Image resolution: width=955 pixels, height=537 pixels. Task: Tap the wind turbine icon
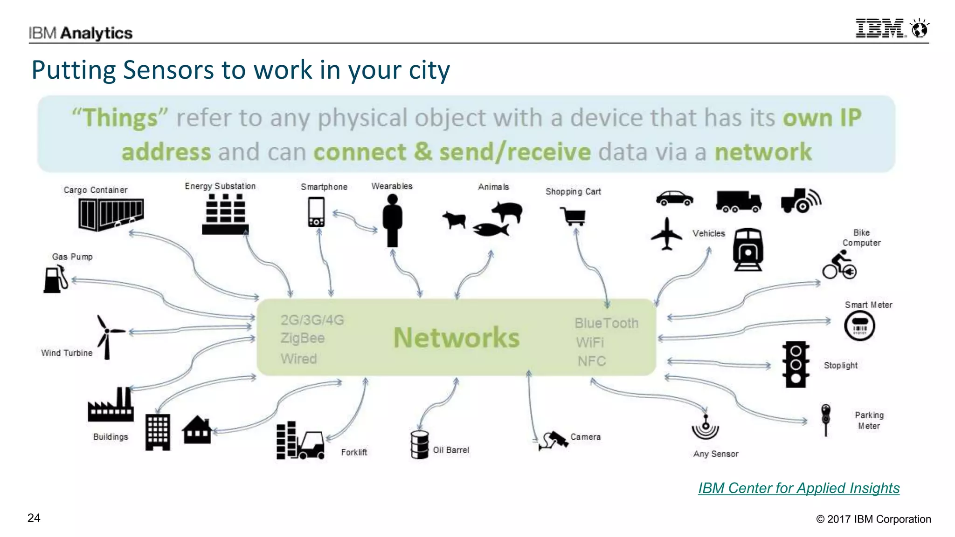point(108,336)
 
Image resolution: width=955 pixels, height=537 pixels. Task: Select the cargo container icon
point(111,214)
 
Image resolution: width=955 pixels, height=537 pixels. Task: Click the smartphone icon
point(316,212)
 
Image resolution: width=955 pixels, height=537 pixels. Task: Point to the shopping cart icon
point(574,216)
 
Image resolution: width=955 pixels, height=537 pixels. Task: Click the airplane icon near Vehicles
point(667,234)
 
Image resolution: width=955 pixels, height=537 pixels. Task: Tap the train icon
point(748,249)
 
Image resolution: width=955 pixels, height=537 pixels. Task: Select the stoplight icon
point(796,364)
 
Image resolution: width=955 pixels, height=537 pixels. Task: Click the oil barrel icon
point(419,444)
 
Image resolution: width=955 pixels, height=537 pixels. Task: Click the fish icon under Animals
point(490,229)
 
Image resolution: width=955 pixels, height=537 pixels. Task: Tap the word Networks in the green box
point(456,338)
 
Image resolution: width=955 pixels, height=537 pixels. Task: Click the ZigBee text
point(303,338)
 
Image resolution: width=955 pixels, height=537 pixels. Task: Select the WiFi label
point(590,342)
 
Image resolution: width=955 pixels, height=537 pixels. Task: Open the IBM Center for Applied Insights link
point(798,488)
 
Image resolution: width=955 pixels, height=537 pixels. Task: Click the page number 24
point(34,518)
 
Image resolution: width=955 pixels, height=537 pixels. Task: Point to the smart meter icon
point(859,326)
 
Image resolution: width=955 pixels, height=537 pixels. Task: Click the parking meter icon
point(826,419)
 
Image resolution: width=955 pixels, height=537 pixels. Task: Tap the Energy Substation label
point(220,186)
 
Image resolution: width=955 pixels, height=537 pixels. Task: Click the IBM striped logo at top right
point(880,28)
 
